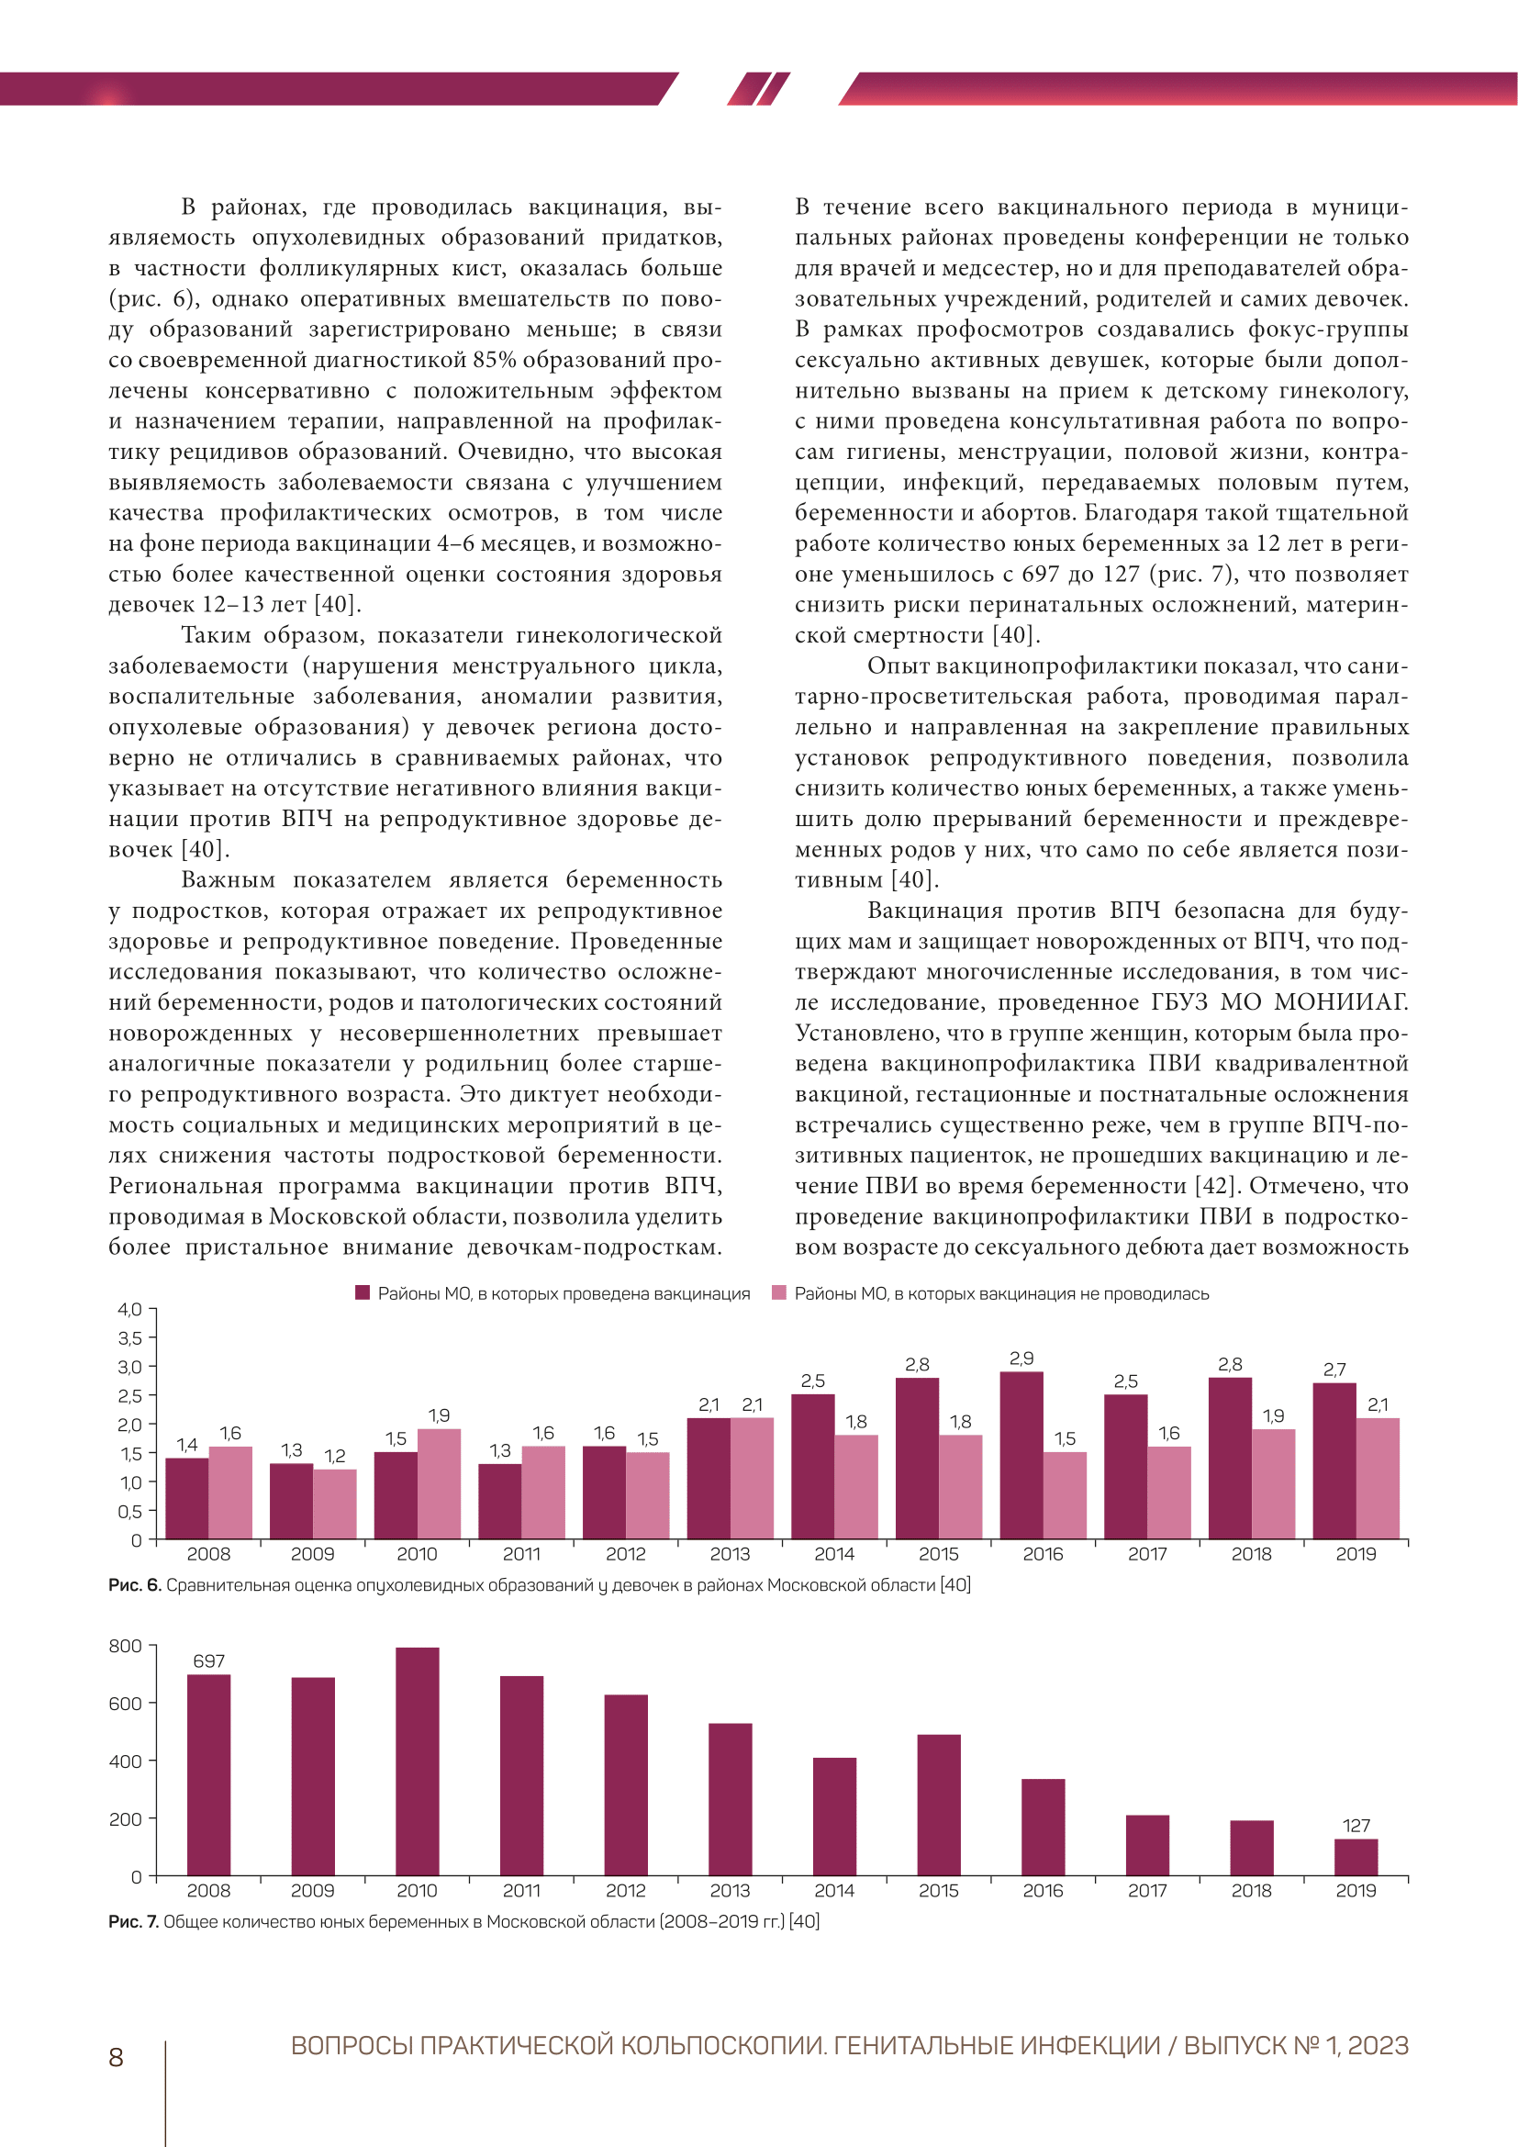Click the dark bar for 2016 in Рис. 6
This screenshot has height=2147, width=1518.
[1021, 1455]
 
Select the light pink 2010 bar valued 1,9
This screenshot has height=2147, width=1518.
[439, 1483]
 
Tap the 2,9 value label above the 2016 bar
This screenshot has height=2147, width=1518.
[1021, 1358]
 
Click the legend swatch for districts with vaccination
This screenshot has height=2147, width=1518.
[363, 1293]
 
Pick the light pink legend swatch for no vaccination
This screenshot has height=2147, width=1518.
[778, 1293]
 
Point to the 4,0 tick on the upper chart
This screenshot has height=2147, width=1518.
[130, 1309]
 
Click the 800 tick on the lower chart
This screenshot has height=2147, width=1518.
[125, 1646]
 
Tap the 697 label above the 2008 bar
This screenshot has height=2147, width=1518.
[208, 1661]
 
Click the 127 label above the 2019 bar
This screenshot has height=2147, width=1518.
[1356, 1826]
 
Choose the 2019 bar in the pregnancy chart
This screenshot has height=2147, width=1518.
[1356, 1857]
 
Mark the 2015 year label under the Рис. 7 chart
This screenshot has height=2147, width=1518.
[939, 1891]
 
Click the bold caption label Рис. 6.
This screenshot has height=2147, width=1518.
[135, 1585]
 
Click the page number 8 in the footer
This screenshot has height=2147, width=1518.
[116, 2057]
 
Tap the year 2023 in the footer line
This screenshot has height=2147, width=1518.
[1378, 2046]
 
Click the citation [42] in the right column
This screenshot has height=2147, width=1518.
[1216, 1186]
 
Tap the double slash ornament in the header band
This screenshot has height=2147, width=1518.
[758, 89]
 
